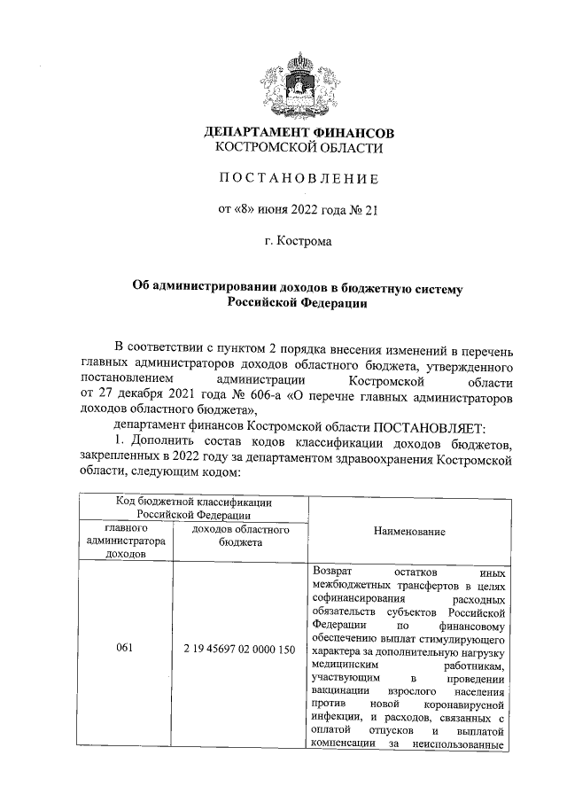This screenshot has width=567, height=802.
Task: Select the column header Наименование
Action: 408,531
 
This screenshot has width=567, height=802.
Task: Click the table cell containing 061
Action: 126,649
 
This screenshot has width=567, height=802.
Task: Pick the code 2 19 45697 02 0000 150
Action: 240,649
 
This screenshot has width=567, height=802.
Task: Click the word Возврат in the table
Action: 333,572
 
